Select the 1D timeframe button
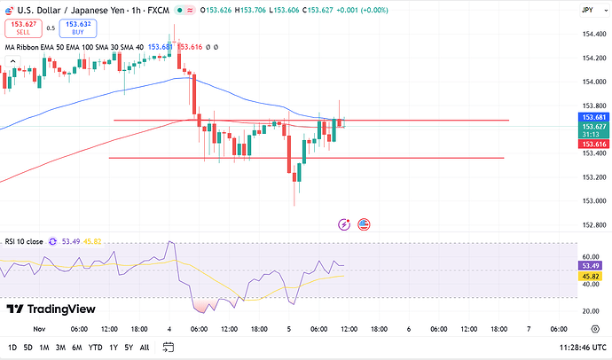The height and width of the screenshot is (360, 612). pyautogui.click(x=12, y=348)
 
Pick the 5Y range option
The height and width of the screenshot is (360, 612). pyautogui.click(x=129, y=348)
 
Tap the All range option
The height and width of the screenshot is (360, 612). pyautogui.click(x=145, y=348)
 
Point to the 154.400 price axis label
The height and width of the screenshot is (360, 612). pyautogui.click(x=592, y=35)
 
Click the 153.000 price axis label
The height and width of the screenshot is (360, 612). pyautogui.click(x=592, y=200)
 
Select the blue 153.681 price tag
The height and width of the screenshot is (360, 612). pyautogui.click(x=592, y=117)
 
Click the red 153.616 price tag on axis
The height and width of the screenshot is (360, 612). pyautogui.click(x=592, y=144)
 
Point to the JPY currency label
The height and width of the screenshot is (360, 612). pyautogui.click(x=587, y=10)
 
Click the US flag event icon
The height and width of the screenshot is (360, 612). pyautogui.click(x=364, y=224)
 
